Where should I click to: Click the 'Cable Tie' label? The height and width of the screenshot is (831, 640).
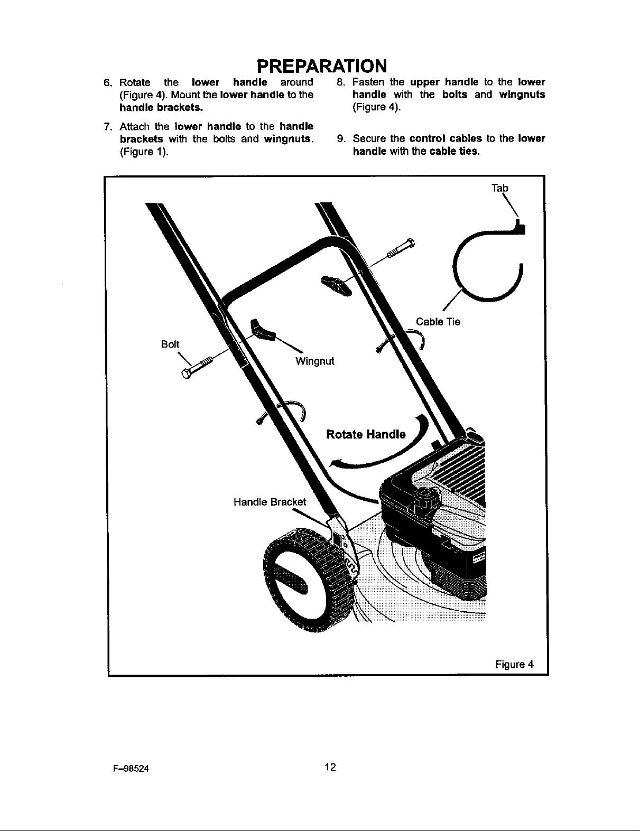click(438, 322)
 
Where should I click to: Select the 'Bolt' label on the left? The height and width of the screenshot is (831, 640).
click(171, 344)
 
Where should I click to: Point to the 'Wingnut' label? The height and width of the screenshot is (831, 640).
click(314, 361)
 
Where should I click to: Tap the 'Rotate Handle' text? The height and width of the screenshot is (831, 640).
click(366, 435)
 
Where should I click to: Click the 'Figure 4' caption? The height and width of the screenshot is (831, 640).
click(515, 664)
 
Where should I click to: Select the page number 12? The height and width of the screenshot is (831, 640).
click(331, 768)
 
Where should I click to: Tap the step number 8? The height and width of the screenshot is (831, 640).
click(341, 82)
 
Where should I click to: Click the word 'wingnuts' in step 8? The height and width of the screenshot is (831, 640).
click(522, 95)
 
